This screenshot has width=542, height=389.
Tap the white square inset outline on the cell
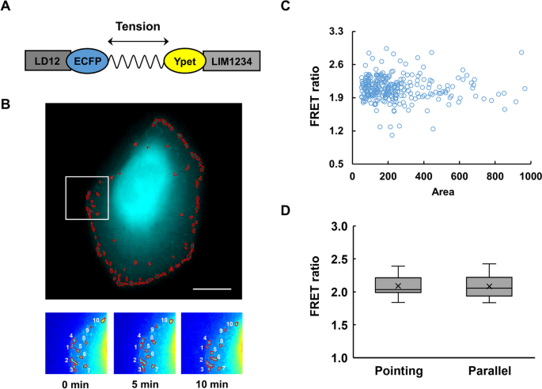[86, 198]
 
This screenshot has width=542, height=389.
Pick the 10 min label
[210, 383]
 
